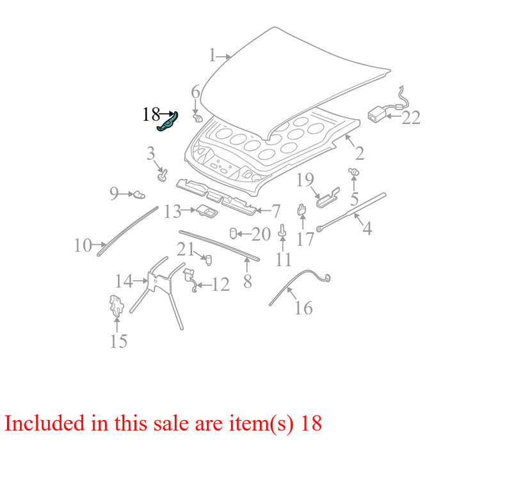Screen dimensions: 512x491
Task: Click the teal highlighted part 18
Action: (x=168, y=122)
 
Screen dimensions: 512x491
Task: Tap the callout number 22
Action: (x=411, y=118)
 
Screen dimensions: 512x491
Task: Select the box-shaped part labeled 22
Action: (x=377, y=114)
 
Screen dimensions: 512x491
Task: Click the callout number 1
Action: (x=212, y=55)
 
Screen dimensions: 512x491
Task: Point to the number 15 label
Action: (x=118, y=341)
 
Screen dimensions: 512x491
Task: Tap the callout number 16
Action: (x=303, y=308)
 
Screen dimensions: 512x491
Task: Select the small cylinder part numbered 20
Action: (x=233, y=233)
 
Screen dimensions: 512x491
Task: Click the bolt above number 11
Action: (x=283, y=231)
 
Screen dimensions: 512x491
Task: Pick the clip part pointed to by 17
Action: (x=302, y=210)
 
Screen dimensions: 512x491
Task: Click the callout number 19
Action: (x=305, y=180)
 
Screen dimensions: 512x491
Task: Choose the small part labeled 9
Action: (x=139, y=194)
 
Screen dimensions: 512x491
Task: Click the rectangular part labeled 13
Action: (x=207, y=211)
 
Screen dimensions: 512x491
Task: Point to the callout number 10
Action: (x=83, y=245)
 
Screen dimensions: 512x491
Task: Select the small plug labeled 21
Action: (x=208, y=260)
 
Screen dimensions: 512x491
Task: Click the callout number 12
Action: (x=221, y=284)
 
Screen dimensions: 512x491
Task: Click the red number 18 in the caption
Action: (x=311, y=423)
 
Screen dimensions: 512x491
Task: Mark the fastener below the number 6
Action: (x=197, y=118)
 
